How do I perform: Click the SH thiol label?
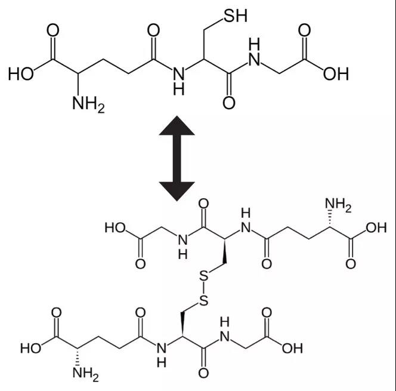[236, 15]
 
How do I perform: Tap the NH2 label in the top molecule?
[88, 104]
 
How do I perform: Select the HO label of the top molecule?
[21, 74]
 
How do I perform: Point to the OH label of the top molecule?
[336, 74]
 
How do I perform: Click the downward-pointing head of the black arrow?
[177, 192]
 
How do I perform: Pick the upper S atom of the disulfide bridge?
[204, 276]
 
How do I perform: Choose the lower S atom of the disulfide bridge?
[204, 300]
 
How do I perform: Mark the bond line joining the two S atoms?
[204, 288]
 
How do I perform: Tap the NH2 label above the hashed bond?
[338, 205]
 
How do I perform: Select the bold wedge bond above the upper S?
[224, 251]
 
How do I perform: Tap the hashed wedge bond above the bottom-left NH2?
[78, 357]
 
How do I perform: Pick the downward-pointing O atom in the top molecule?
[229, 103]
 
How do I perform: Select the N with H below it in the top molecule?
[178, 74]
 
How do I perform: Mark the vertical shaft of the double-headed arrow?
[177, 158]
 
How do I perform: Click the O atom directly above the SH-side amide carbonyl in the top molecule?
[153, 30]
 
